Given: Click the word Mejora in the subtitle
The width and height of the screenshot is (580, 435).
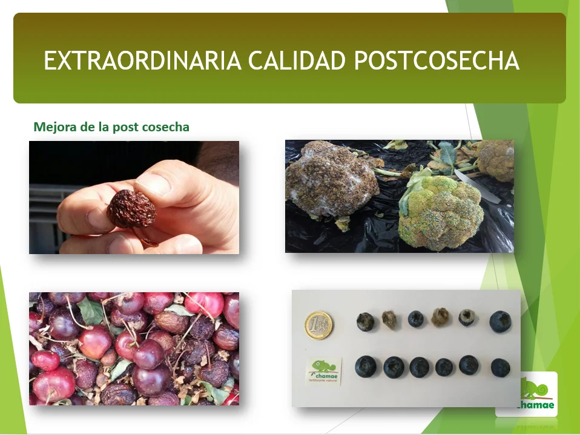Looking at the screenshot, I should (x=53, y=127).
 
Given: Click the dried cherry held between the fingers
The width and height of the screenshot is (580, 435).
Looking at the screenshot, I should (x=131, y=209).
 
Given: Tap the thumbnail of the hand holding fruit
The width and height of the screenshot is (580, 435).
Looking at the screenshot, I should (x=134, y=197).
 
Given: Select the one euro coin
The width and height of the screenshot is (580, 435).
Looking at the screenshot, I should (x=318, y=325).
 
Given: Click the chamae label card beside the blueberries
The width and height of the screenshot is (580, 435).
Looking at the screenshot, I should (x=323, y=370).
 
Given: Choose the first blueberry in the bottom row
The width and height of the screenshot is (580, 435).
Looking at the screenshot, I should (x=365, y=366).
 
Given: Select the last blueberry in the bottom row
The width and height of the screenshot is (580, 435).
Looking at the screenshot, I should (x=500, y=367).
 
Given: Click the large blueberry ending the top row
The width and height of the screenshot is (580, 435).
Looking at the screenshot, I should (x=500, y=321).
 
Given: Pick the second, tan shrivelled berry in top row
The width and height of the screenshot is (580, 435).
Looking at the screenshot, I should (x=389, y=319).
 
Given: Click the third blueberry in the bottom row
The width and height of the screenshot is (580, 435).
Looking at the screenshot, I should (x=419, y=367).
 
